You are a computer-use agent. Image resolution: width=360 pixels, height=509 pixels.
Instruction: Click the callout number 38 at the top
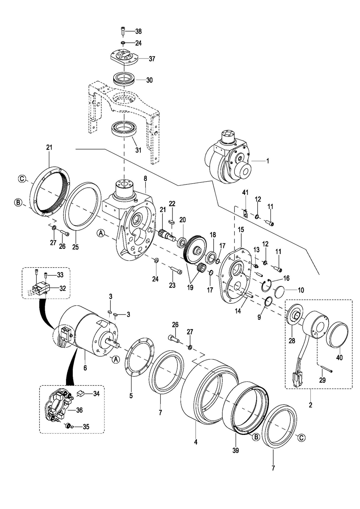[x=138, y=31]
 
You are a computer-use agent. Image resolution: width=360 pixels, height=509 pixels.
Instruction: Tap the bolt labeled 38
[x=122, y=31]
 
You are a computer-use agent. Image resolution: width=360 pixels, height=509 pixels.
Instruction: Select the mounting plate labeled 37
[x=124, y=58]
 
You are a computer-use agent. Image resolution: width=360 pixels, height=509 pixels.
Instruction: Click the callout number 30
[x=149, y=80]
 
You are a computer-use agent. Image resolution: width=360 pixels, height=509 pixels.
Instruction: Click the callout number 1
[x=268, y=161]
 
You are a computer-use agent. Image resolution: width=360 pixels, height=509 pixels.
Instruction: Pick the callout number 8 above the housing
[x=145, y=178]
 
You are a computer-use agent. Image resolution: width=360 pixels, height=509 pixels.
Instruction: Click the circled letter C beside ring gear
[x=22, y=178]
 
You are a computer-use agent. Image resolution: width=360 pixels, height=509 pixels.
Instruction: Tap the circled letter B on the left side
[x=17, y=202]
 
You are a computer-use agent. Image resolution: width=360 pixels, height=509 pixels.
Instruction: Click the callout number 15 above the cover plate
[x=241, y=230]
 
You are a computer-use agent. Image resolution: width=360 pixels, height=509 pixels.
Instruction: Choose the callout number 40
[x=339, y=358]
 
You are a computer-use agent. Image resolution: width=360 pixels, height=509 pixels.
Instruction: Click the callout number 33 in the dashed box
[x=60, y=275]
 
